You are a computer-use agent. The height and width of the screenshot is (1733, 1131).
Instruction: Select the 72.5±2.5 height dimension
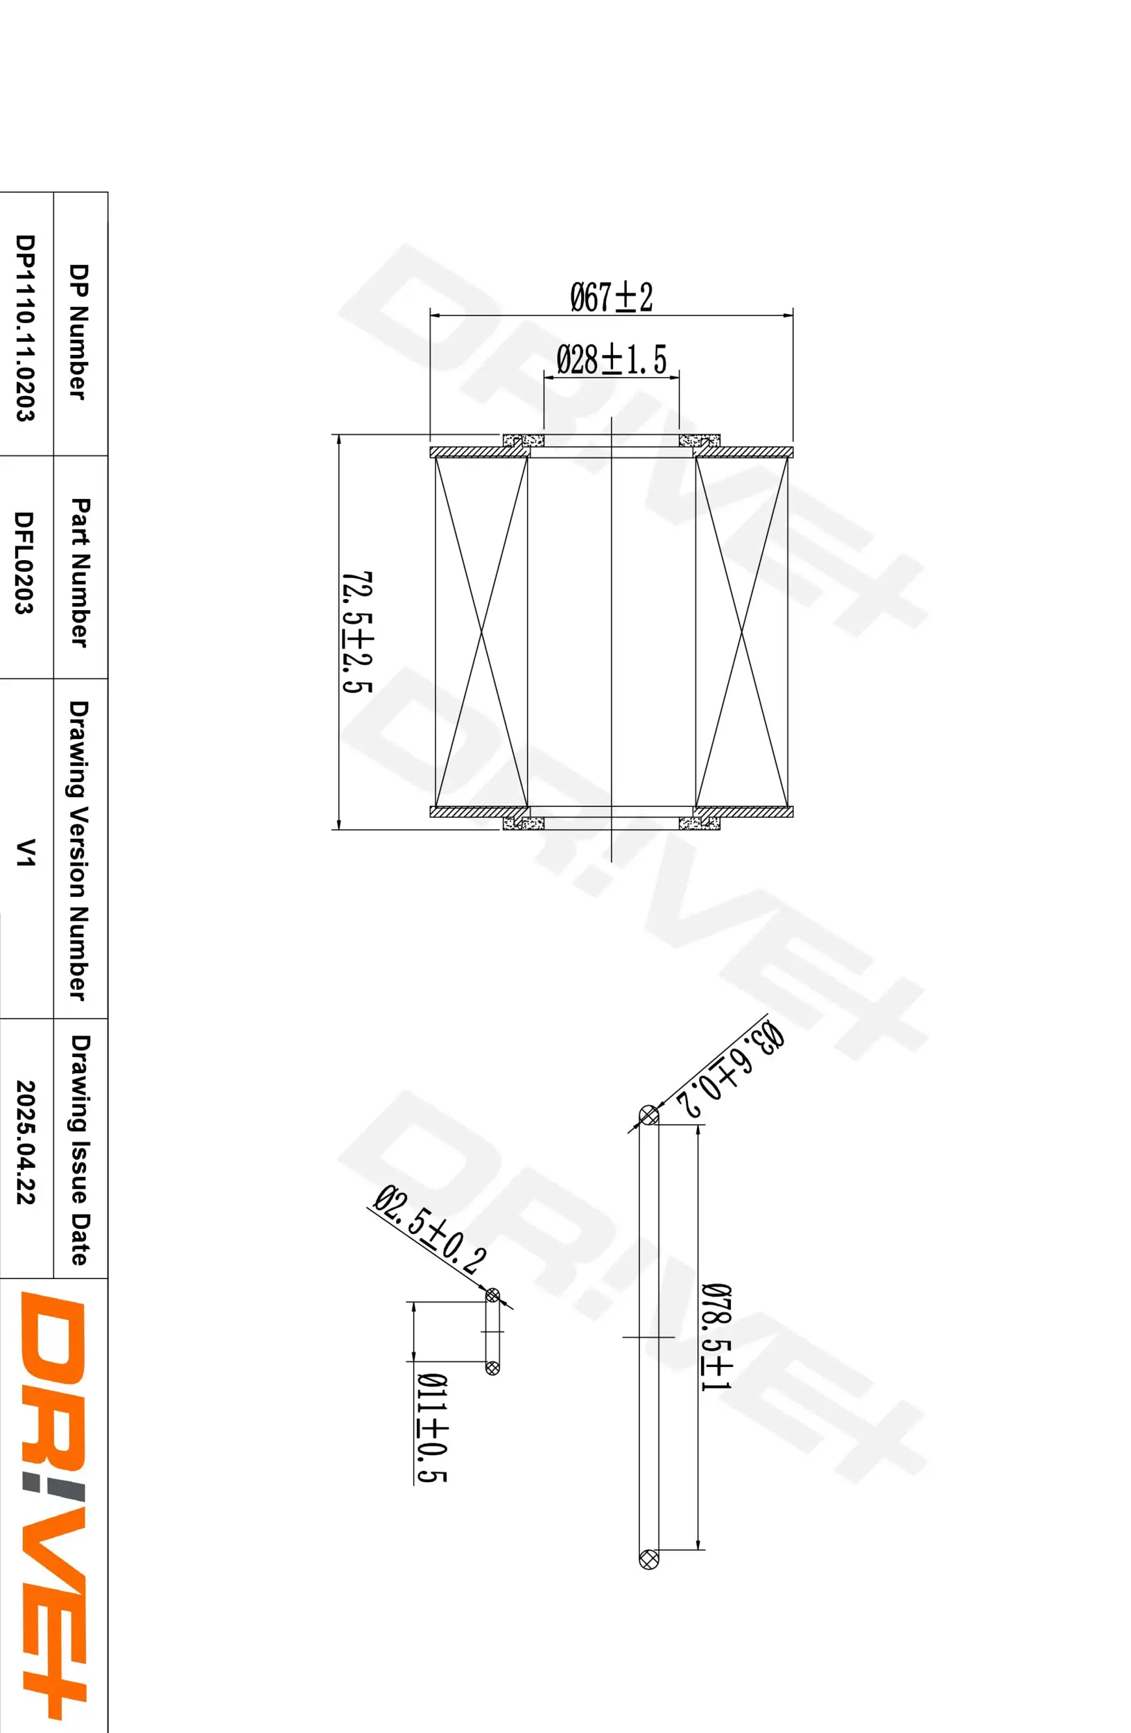(357, 632)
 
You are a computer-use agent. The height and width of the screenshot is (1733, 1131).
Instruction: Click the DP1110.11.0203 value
(25, 328)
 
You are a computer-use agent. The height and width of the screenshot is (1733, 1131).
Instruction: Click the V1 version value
(25, 852)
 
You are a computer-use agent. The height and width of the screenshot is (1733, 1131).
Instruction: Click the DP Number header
(78, 331)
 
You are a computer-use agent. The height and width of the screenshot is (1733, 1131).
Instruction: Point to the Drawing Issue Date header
(79, 1151)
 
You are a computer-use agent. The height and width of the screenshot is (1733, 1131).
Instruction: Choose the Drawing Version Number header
(78, 851)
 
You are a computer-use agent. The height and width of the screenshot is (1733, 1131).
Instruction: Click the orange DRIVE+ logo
(53, 1500)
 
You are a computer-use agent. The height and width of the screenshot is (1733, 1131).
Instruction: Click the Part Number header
(79, 572)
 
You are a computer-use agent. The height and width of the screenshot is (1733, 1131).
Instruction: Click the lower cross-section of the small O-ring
(492, 1368)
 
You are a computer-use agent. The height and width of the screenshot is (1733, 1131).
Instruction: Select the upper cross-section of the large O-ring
(648, 1115)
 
